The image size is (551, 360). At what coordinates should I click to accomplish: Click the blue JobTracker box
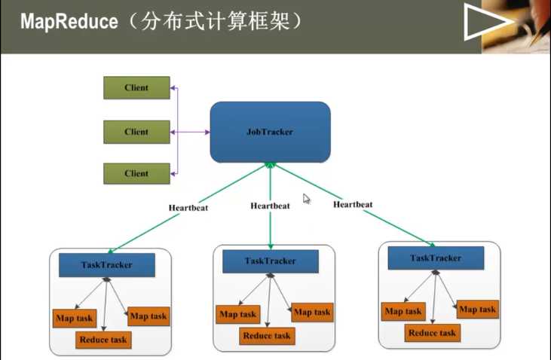tap(270, 132)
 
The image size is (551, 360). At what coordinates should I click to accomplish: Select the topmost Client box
tap(136, 87)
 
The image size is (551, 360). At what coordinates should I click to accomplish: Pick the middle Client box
tap(136, 132)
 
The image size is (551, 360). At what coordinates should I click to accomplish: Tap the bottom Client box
tap(136, 173)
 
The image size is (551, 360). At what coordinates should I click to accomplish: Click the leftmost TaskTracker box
tap(106, 264)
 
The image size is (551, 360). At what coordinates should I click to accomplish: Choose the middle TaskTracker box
tap(270, 261)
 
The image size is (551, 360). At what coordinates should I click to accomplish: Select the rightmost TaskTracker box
tap(435, 258)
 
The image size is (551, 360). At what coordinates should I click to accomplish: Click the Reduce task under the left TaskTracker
tap(103, 340)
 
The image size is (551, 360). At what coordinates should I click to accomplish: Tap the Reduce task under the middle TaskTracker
tap(267, 336)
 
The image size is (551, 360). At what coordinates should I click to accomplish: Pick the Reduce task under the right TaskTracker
tap(432, 332)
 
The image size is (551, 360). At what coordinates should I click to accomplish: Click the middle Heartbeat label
tap(270, 206)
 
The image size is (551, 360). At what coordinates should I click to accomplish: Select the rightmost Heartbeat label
tap(354, 203)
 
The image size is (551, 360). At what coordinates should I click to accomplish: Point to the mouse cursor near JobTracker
tap(307, 199)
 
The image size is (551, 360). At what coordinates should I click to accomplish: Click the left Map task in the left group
tap(74, 318)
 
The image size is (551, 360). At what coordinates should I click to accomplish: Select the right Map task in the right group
tap(477, 310)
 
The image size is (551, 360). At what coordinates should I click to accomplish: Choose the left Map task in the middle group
tap(237, 314)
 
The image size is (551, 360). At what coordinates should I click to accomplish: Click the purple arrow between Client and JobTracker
tap(192, 132)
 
